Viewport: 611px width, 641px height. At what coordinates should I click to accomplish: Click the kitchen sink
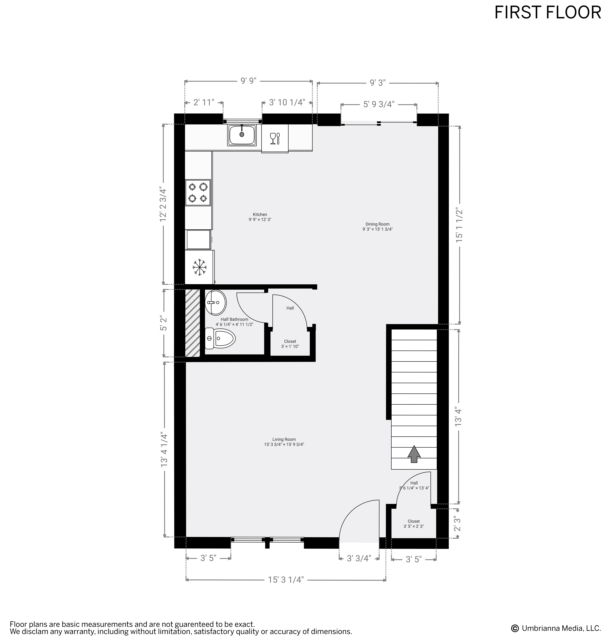(242, 135)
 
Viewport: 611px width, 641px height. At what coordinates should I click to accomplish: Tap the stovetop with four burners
(198, 192)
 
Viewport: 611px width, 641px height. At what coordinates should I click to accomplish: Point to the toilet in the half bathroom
(221, 338)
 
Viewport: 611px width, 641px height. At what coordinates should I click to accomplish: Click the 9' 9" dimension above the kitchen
(248, 80)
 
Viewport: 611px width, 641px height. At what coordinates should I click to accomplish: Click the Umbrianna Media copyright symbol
(515, 628)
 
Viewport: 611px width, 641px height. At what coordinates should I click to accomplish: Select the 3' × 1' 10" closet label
(290, 346)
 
